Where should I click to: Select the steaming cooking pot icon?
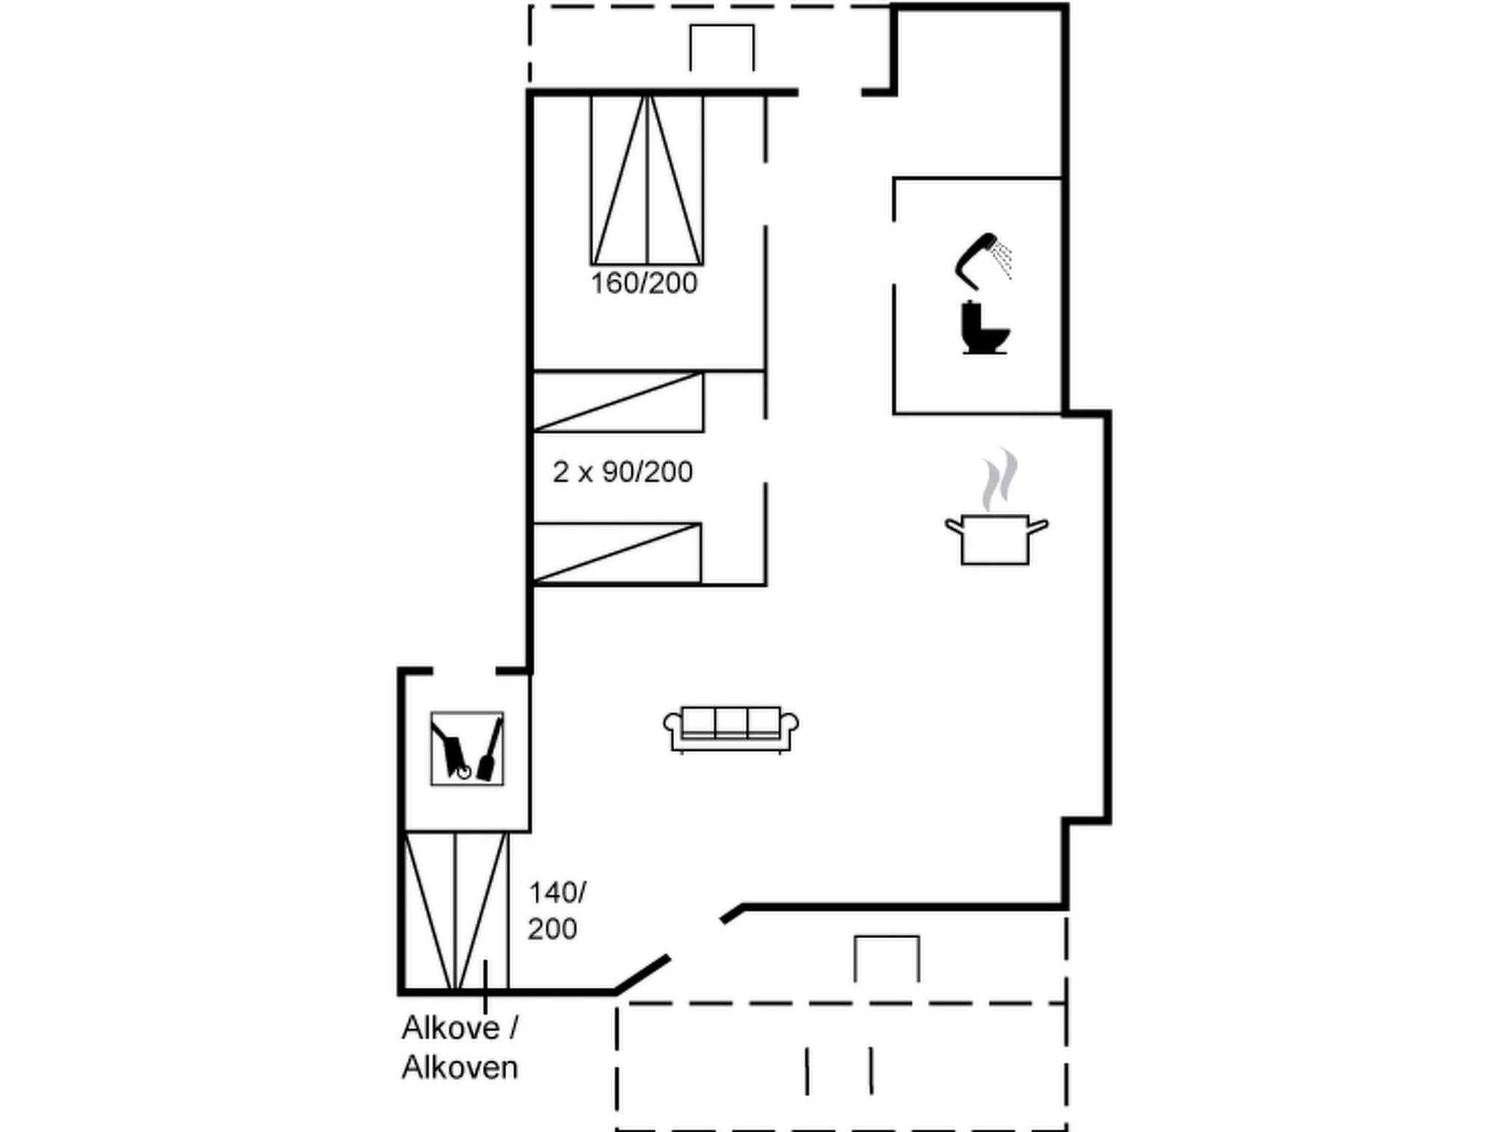[x=995, y=538]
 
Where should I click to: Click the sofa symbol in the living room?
[x=730, y=729]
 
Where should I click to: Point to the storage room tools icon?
[x=467, y=748]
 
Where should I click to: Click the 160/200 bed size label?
[x=644, y=284]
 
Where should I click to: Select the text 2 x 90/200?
[x=623, y=472]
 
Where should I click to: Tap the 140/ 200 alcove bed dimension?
[x=556, y=911]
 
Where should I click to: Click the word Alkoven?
[x=460, y=1068]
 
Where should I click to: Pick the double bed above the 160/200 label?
[x=647, y=180]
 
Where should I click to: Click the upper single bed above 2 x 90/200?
[x=617, y=402]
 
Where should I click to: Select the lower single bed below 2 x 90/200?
[x=617, y=553]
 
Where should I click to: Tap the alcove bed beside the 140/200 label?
[x=456, y=912]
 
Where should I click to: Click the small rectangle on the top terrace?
[x=721, y=47]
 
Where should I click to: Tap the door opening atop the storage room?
[x=464, y=671]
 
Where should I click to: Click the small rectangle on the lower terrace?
[x=886, y=958]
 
